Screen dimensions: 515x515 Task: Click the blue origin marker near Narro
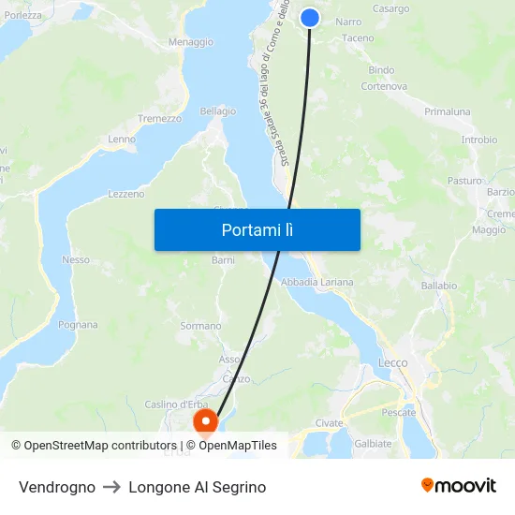310,18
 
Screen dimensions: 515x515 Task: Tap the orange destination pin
205,422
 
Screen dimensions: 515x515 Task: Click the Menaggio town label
190,42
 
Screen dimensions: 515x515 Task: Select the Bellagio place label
217,110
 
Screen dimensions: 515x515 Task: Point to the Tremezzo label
159,119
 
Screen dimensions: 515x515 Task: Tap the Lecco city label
392,362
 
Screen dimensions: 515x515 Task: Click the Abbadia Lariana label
317,282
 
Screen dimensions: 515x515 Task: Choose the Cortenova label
384,86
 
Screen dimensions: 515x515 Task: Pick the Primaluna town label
448,111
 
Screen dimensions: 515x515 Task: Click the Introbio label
478,140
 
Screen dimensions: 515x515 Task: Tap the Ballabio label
438,285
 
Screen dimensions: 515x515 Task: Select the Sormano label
200,326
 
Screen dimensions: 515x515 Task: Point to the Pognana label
78,325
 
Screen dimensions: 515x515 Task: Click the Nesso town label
76,259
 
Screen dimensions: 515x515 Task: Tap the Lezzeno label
126,194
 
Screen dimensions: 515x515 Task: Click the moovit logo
458,486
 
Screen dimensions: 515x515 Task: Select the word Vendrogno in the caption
57,487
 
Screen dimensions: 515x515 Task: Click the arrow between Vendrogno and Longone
111,487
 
